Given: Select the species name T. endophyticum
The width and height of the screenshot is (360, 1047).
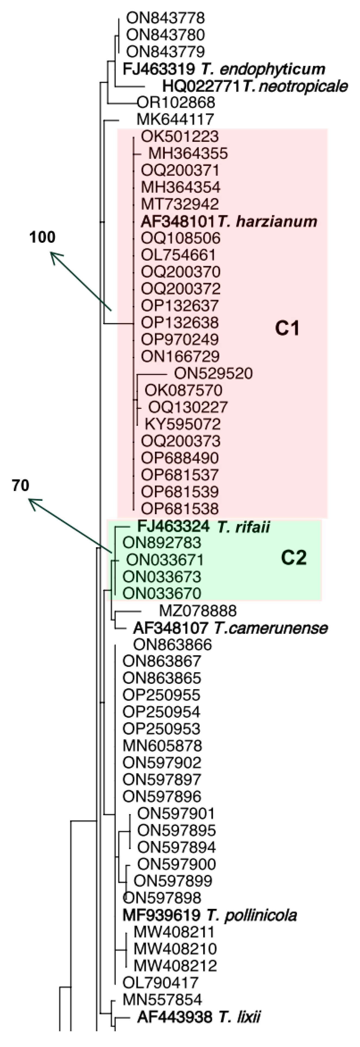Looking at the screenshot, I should point(263,69).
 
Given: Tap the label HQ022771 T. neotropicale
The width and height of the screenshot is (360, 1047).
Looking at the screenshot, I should point(255,86).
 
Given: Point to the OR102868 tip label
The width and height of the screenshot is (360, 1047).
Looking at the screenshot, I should point(176,102).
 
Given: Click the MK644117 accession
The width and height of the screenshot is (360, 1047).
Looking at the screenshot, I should point(175,119).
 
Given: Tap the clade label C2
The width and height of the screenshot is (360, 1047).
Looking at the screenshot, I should point(294,558).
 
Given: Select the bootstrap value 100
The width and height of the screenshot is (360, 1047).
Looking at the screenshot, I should point(42,237).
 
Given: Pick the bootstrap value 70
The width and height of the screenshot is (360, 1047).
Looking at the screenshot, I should point(20,485).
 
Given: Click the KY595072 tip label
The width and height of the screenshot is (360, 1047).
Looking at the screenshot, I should point(182,424).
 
